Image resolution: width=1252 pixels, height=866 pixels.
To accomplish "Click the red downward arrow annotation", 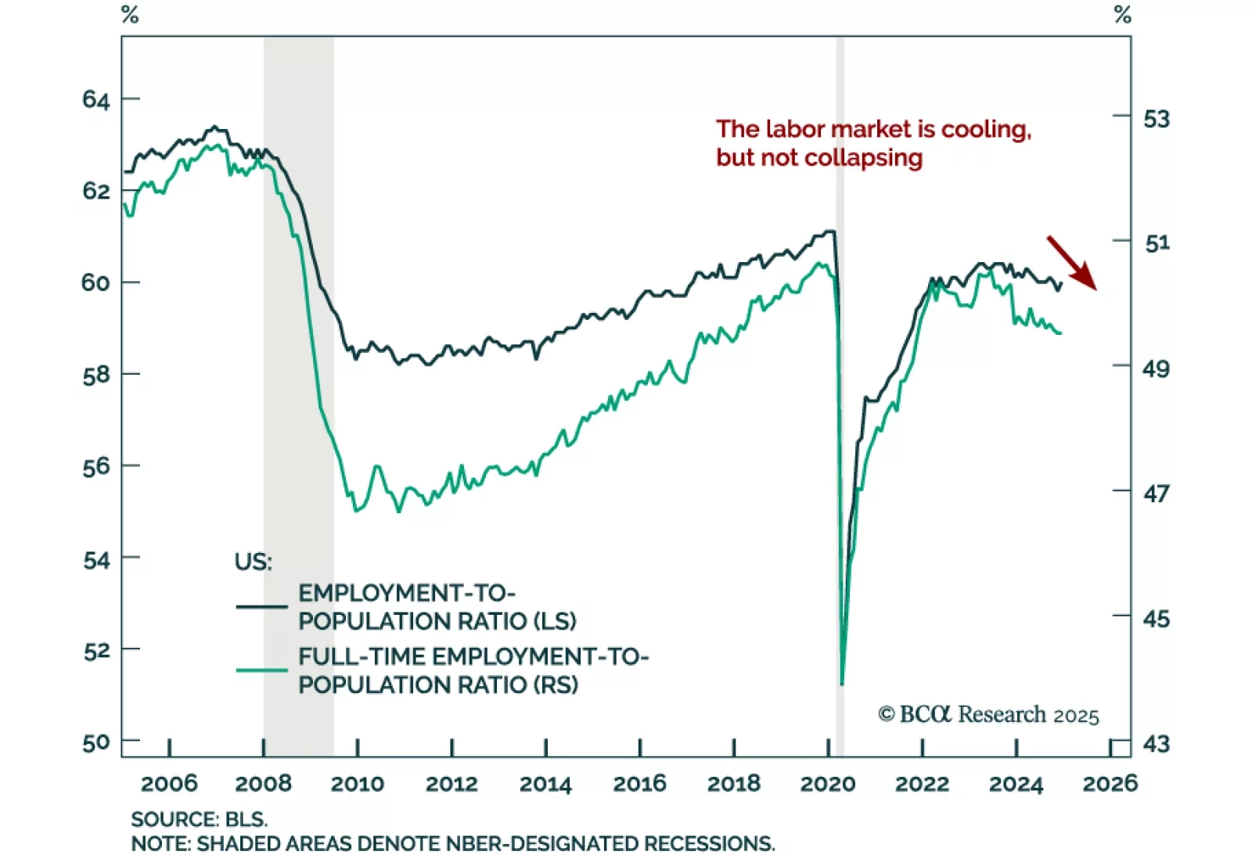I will click(1072, 263).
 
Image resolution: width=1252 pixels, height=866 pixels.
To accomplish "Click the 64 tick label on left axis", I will click(96, 99).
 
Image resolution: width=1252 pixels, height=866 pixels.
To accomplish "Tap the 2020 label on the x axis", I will click(828, 784).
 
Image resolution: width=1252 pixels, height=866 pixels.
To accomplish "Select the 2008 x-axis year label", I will click(264, 784).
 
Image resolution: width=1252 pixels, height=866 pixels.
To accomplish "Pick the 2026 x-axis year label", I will click(1110, 784).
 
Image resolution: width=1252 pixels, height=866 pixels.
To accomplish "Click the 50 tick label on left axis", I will click(96, 742).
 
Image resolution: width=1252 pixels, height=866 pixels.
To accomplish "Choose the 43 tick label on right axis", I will click(1157, 743).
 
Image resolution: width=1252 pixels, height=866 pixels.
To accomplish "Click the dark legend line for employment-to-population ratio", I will click(261, 606).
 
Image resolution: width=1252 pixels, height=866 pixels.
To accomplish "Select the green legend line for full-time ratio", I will click(261, 670).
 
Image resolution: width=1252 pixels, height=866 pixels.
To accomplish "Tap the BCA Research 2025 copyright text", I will click(988, 715).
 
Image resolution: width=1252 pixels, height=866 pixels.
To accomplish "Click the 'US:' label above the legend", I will click(253, 562).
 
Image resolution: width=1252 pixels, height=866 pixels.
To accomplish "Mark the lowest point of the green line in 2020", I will click(842, 684).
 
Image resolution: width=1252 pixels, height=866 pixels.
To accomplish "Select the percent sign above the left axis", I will click(130, 15).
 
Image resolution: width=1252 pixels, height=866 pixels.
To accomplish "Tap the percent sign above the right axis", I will click(1123, 15).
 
